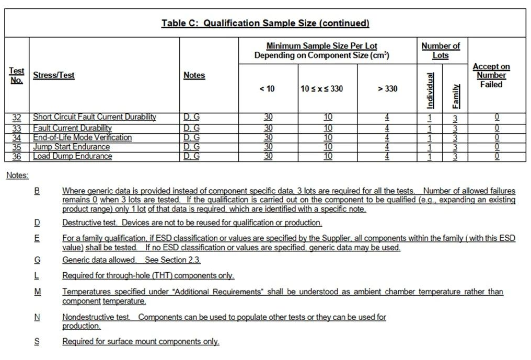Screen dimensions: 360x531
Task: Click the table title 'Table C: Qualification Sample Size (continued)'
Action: (x=265, y=23)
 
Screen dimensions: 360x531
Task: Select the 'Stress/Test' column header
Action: (x=54, y=75)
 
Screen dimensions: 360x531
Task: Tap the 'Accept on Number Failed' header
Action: (x=491, y=75)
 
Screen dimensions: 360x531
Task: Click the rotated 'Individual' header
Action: (x=430, y=89)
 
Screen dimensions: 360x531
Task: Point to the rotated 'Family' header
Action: (x=455, y=96)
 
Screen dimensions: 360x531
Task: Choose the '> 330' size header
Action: (x=387, y=89)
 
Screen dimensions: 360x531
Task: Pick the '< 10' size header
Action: (x=267, y=89)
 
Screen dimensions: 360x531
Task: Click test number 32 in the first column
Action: (x=17, y=118)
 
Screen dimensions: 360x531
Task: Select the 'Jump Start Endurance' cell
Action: (x=71, y=147)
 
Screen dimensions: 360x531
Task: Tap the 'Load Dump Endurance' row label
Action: (x=72, y=156)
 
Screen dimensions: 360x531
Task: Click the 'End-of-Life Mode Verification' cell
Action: (x=82, y=137)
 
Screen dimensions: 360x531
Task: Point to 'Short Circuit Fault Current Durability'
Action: (x=95, y=118)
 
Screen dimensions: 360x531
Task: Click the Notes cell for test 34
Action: (x=191, y=137)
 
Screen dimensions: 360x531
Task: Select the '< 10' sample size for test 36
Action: (x=268, y=156)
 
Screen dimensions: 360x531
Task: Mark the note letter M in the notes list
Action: (x=37, y=292)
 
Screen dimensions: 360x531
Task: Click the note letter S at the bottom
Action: (x=37, y=342)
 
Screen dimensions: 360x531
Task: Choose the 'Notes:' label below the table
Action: (x=17, y=176)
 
